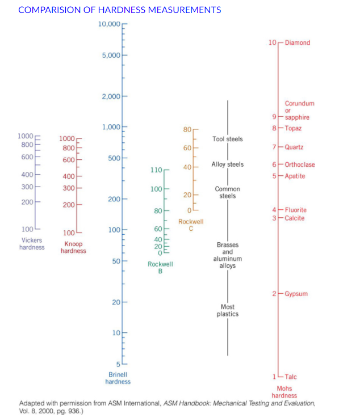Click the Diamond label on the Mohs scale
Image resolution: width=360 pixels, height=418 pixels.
pos(298,43)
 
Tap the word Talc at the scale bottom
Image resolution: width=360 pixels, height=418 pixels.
pos(291,377)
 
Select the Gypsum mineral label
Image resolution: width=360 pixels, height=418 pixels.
pos(296,294)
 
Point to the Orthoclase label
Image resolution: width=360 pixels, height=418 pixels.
pos(300,164)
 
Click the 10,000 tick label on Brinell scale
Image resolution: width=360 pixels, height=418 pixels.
pos(109,24)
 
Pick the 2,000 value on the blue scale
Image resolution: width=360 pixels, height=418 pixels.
pos(111,96)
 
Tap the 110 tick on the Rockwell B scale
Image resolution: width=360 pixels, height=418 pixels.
pos(156,170)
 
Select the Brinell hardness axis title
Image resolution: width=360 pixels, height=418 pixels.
pos(118,378)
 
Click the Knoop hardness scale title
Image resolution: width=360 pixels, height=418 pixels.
pos(73,247)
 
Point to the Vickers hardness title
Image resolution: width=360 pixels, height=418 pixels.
pos(32,244)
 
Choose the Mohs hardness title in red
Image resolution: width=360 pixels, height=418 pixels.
pos(284,392)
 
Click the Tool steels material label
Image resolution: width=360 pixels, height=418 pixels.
pos(227,139)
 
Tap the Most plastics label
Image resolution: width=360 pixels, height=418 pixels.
pos(228,310)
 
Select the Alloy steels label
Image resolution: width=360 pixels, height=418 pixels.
pos(227,164)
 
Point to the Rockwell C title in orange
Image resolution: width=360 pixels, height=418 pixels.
pos(191,225)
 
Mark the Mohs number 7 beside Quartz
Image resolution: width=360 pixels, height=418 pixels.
pos(274,147)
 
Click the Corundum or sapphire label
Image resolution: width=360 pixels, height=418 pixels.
pos(298,110)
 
